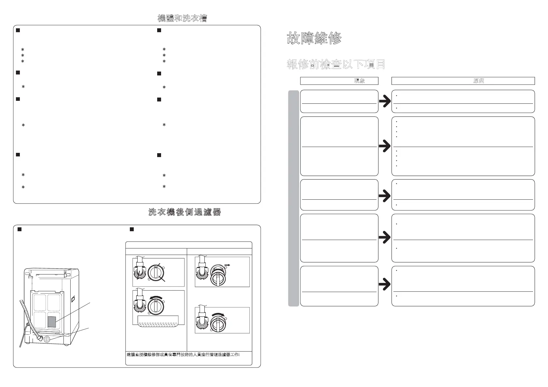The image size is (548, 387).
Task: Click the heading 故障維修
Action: coord(314,39)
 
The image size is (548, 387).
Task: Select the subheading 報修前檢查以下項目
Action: coord(336,64)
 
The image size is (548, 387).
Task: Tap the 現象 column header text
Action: coord(359,81)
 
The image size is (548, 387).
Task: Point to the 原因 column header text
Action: coord(478,81)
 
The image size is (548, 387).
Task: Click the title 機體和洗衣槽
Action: coord(182,18)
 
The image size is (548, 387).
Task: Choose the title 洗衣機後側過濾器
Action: coord(185,212)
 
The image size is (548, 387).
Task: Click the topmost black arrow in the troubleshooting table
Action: coord(385,102)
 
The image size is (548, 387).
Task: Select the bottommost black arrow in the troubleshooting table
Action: coord(385,285)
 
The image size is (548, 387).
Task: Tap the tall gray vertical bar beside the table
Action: coord(294,198)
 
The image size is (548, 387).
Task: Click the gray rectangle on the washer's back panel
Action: coord(52,321)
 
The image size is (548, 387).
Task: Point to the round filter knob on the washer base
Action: coord(47,339)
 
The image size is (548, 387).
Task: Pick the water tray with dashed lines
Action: coord(158,320)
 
